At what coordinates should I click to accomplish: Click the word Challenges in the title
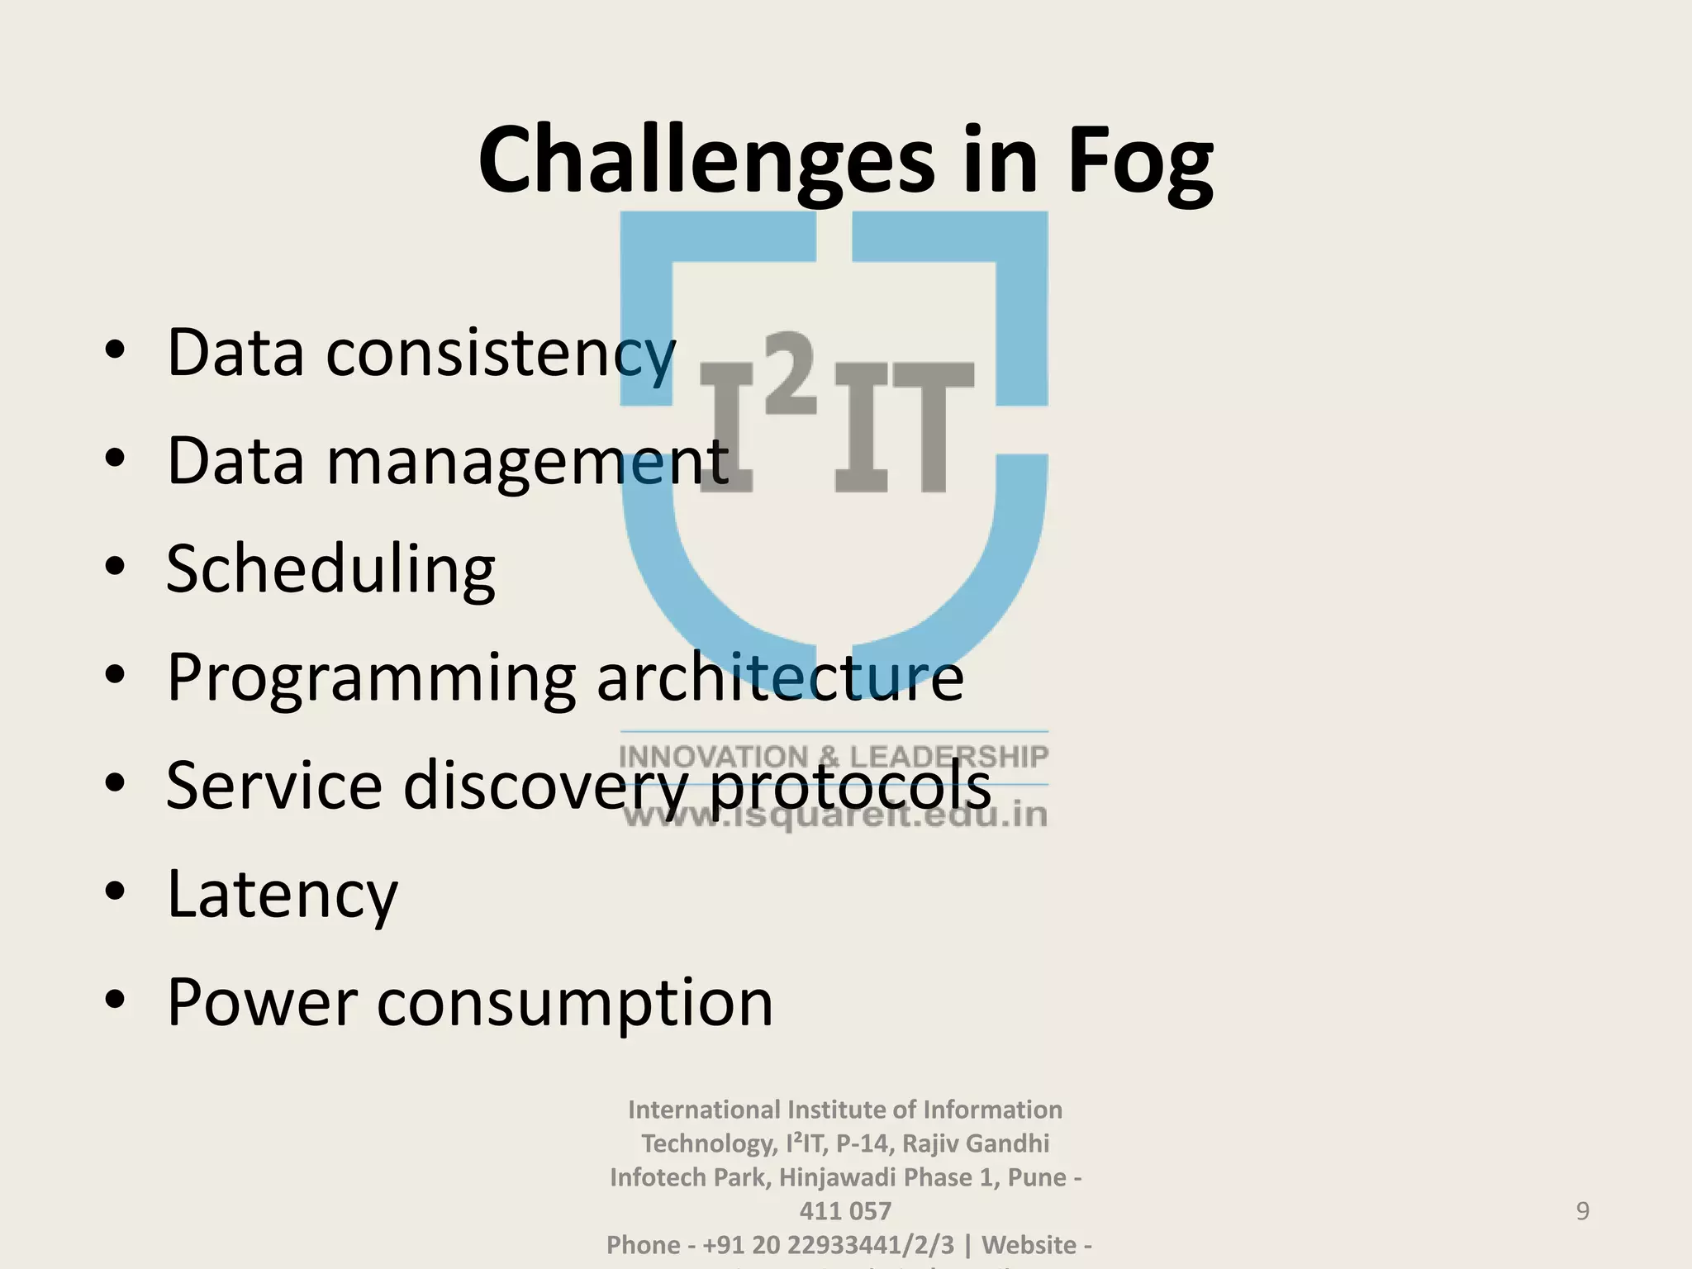click(x=706, y=161)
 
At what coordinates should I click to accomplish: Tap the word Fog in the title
click(x=1140, y=161)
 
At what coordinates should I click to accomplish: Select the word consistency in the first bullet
click(x=501, y=354)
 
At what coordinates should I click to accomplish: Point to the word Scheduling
click(x=330, y=570)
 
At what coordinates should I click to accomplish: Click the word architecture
click(x=779, y=677)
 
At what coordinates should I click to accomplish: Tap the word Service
click(x=273, y=785)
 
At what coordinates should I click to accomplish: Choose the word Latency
click(x=282, y=895)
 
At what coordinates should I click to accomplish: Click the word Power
click(x=262, y=1002)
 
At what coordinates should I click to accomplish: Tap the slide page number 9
click(x=1582, y=1211)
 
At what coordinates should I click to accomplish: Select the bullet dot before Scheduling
click(x=115, y=566)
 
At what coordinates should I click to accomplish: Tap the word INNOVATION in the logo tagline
click(x=714, y=757)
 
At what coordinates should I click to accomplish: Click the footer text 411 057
click(x=845, y=1211)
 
